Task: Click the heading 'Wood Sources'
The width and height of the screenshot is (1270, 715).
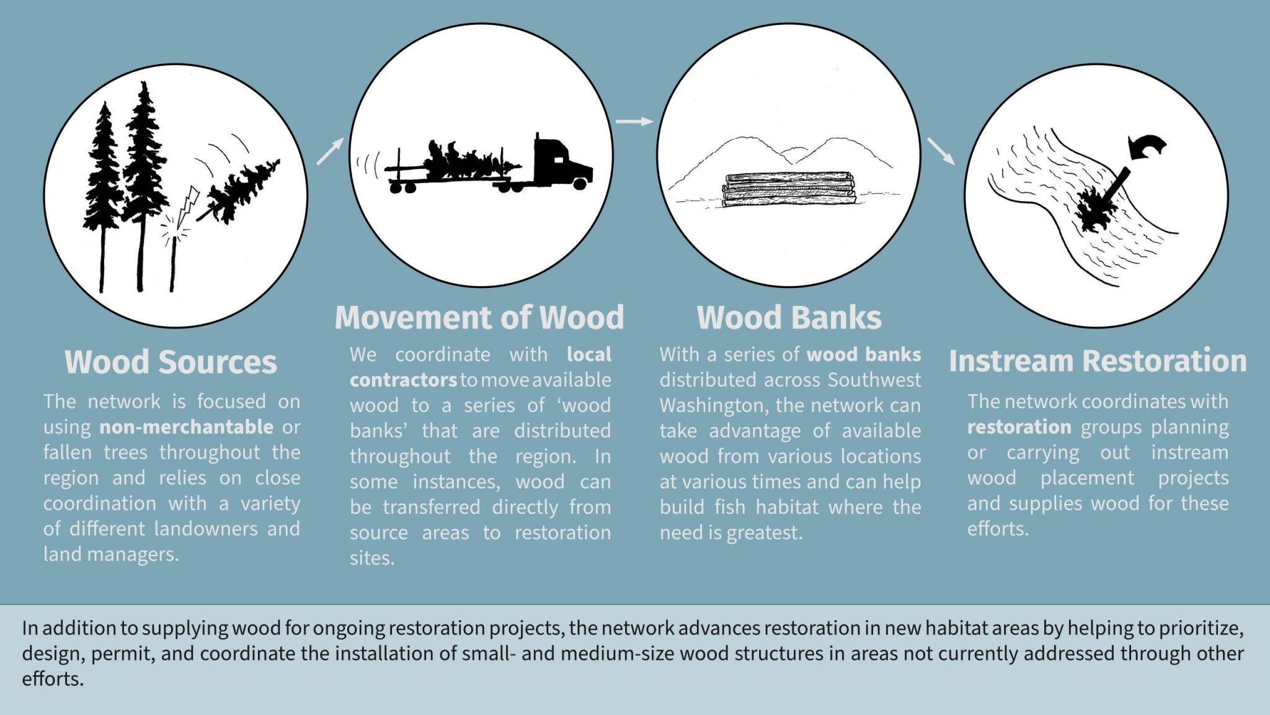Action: coord(171,362)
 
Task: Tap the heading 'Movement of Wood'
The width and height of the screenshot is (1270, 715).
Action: coord(479,317)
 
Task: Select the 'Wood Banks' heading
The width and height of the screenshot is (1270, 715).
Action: coord(789,317)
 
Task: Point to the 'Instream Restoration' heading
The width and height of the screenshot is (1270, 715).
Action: coord(1098,361)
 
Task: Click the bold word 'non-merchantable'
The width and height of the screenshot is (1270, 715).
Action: coord(187,427)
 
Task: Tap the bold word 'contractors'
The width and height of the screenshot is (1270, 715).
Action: coord(404,380)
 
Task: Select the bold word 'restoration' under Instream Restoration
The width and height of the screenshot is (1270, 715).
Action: coord(1019,427)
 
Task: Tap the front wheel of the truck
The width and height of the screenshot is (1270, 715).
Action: coord(580,183)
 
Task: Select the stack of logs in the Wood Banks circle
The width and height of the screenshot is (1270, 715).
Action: coord(789,189)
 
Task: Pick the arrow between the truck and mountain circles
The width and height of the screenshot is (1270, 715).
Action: coord(634,122)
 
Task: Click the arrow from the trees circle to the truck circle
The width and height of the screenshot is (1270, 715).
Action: coord(330,151)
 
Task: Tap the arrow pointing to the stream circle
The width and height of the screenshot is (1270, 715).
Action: coord(941,151)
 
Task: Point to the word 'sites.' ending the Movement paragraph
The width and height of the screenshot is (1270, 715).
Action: coord(372,558)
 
